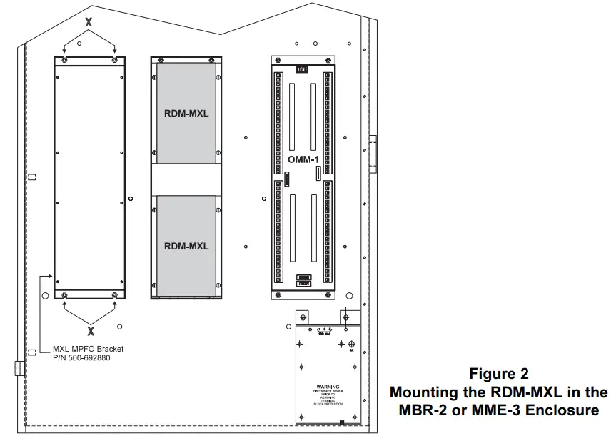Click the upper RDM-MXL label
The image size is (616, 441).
[186, 112]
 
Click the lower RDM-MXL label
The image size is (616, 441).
[186, 246]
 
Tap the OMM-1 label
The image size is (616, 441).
[303, 159]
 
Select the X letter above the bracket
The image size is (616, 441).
[89, 23]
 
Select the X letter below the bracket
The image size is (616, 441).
[91, 331]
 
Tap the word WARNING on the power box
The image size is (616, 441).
[328, 387]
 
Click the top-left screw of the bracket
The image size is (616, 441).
[65, 61]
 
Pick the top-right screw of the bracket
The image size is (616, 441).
[115, 61]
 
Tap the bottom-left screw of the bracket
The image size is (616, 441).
[65, 295]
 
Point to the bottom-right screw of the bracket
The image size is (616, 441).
[115, 295]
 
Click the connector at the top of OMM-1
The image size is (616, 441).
[303, 69]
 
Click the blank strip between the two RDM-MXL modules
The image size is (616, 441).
[186, 179]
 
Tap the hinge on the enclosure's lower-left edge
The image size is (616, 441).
[19, 368]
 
